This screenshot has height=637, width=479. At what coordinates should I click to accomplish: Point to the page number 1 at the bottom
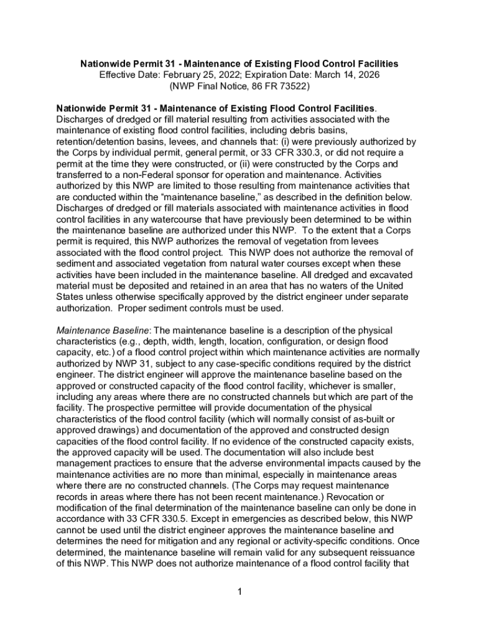[239, 591]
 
